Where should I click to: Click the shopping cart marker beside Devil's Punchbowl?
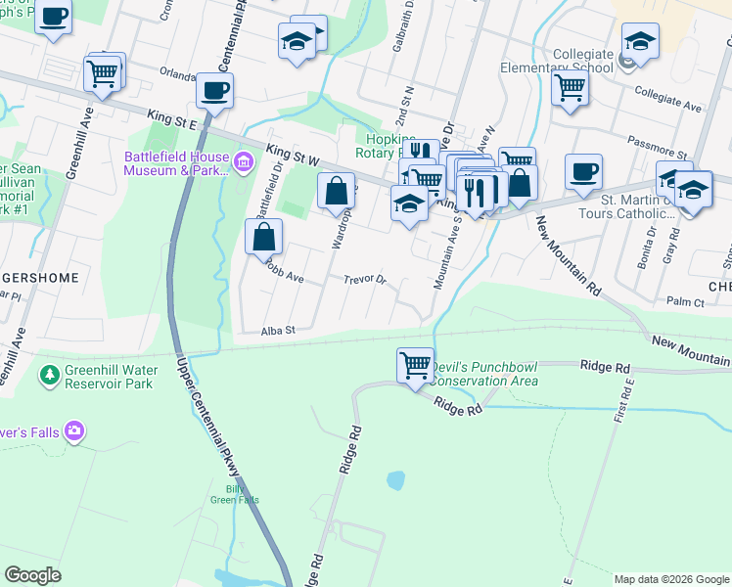click(x=416, y=366)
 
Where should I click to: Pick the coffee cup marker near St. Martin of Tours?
click(x=583, y=171)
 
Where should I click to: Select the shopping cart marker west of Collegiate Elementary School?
click(x=570, y=86)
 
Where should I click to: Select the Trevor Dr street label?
click(x=365, y=280)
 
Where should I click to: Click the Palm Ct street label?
click(x=685, y=303)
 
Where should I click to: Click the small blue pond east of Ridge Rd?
click(x=395, y=480)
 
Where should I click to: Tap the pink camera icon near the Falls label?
click(x=74, y=430)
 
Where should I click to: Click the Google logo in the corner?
click(x=33, y=575)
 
